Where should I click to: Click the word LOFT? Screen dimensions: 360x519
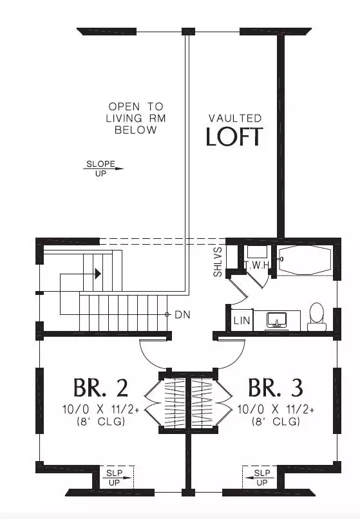coord(234,137)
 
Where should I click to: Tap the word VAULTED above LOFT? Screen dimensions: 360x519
coord(235,118)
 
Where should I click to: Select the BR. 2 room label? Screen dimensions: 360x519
coord(100,388)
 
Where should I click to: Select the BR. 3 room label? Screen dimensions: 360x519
coord(276,388)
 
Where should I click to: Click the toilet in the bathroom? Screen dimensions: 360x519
coord(317,317)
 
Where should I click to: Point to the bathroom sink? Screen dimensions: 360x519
coord(276,320)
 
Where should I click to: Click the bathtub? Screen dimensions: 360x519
coord(305,260)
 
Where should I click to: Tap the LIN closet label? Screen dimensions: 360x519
coord(242,321)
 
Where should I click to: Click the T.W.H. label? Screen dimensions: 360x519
coord(257,265)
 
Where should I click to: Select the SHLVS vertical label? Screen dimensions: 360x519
coord(218,261)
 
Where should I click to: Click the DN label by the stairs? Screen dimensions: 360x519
coord(182,314)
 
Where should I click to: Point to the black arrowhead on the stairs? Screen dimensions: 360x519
coord(98,274)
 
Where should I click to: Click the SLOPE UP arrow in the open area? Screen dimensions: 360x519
coord(103,169)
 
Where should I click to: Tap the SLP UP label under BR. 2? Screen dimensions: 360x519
coord(114,478)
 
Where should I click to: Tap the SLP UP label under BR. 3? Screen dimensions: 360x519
coord(262,478)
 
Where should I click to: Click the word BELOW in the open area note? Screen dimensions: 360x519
coord(136,130)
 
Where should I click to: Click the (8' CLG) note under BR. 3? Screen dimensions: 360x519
coord(276,421)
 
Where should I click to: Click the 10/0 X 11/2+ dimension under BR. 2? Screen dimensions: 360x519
coord(100,410)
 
